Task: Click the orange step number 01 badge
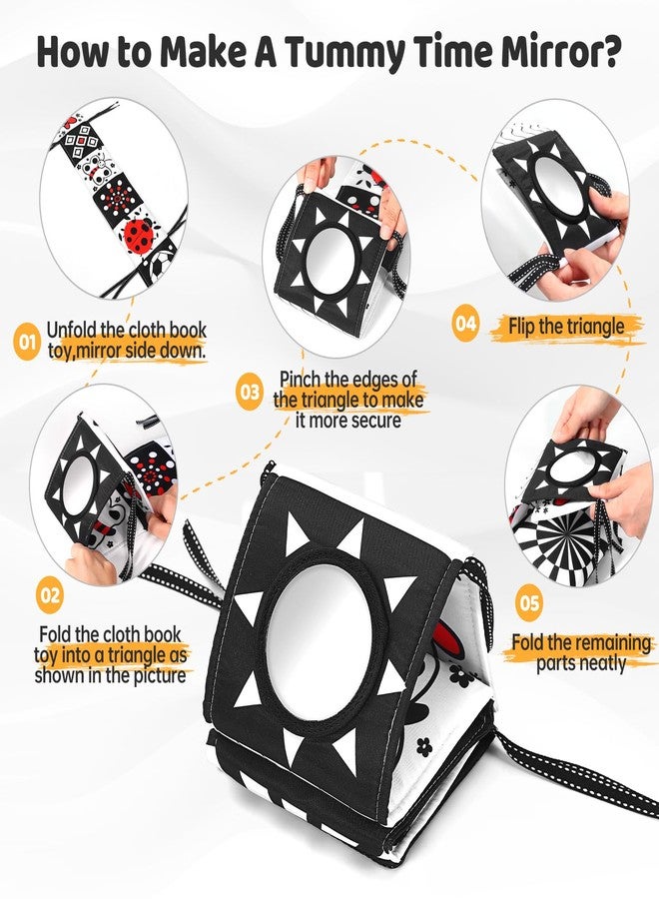(25, 344)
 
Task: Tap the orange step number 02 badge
(50, 595)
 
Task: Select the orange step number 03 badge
(250, 393)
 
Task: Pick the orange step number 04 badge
(466, 325)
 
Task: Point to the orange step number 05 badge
(529, 603)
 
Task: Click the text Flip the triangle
(566, 326)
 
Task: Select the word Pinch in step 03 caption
(300, 381)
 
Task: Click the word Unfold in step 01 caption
(72, 331)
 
